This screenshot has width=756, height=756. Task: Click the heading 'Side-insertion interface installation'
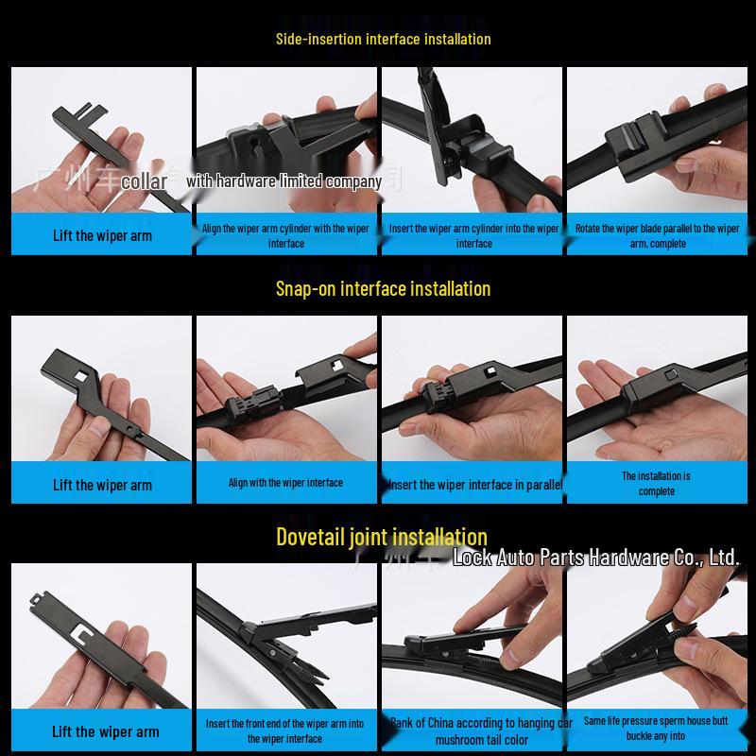tap(383, 39)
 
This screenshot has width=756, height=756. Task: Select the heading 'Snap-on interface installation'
tap(383, 288)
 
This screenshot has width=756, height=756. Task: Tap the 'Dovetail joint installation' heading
tap(382, 538)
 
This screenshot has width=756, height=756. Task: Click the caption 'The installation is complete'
tap(656, 484)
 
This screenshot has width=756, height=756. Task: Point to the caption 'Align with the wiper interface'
tap(285, 483)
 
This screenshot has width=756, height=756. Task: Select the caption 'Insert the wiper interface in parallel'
tap(474, 485)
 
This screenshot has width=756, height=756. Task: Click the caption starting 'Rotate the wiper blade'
tap(657, 235)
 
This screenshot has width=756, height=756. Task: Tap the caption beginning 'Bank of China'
tap(481, 731)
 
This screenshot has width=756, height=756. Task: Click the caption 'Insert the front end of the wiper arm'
tap(285, 730)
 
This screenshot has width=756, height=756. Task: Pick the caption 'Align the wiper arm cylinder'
tap(285, 235)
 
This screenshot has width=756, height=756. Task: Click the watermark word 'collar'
tap(145, 181)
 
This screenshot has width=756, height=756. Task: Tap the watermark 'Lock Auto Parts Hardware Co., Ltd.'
tap(595, 558)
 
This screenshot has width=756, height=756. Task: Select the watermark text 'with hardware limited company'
tap(284, 180)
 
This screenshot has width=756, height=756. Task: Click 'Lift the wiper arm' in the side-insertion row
tap(102, 235)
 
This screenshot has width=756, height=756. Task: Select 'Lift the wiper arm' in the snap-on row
tap(102, 485)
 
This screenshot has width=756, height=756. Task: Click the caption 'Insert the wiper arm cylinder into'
tap(474, 235)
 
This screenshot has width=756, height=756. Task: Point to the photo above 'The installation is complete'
tap(656, 387)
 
